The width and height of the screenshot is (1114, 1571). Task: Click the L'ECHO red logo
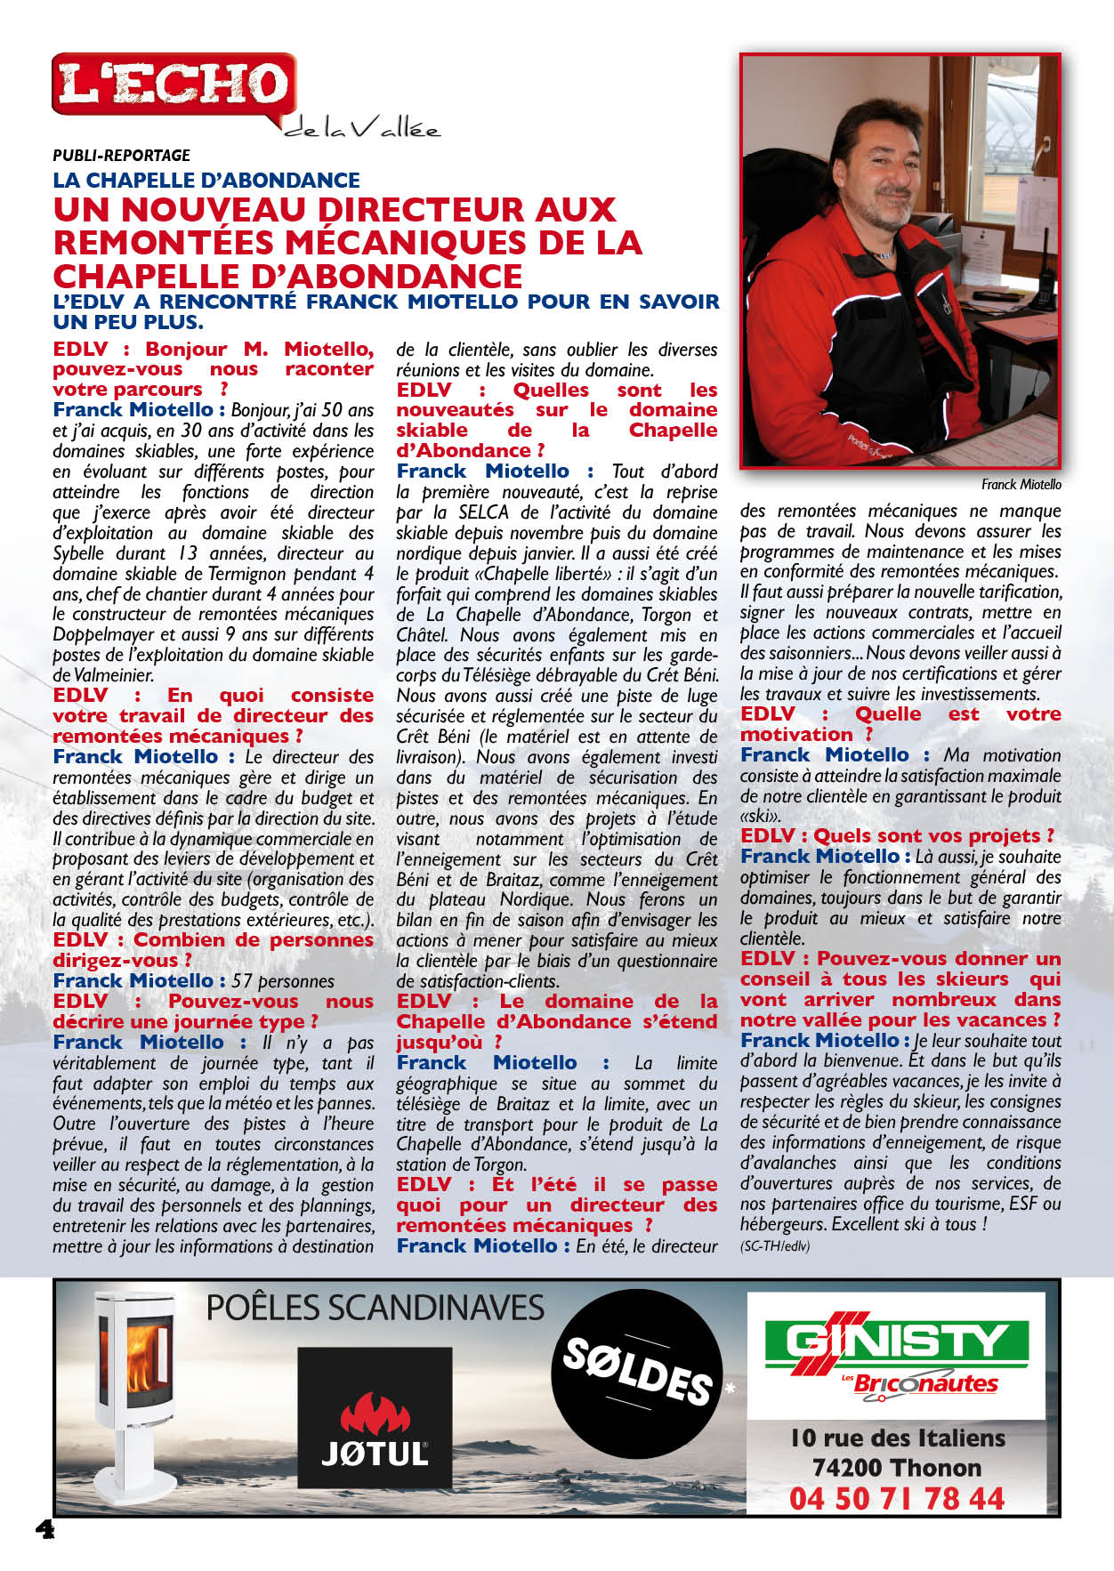click(x=174, y=85)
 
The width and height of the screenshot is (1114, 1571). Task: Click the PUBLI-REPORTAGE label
click(x=121, y=156)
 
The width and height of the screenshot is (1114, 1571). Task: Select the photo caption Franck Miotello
click(x=1021, y=485)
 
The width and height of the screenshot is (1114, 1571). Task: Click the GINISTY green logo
click(x=896, y=1340)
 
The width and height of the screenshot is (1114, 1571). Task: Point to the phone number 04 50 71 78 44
click(x=896, y=1498)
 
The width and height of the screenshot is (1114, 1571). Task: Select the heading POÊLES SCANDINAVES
click(x=375, y=1309)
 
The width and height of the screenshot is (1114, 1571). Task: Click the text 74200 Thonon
click(x=896, y=1467)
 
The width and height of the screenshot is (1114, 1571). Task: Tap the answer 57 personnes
click(x=283, y=981)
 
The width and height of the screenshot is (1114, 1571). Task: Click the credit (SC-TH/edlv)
click(x=774, y=1245)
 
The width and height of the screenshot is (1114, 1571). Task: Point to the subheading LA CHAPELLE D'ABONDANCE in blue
click(x=206, y=181)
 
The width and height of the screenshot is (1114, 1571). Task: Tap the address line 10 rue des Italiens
click(x=897, y=1438)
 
